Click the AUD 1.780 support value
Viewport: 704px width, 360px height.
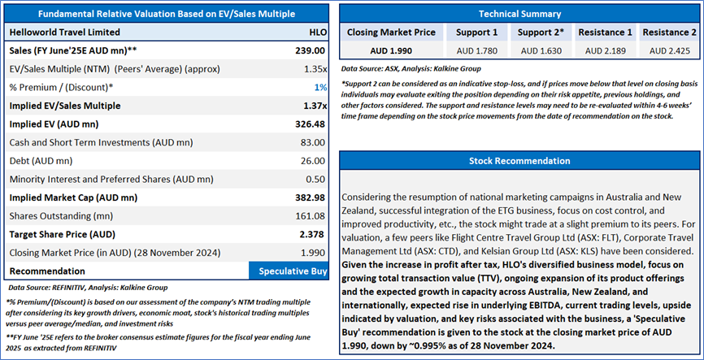[476, 50]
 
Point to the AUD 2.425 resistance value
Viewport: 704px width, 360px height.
[668, 50]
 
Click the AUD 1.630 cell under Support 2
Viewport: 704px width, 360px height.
[540, 50]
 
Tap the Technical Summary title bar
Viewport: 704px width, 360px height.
[519, 14]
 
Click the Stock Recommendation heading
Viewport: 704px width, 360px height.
[519, 161]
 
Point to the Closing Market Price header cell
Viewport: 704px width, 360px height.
[392, 32]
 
